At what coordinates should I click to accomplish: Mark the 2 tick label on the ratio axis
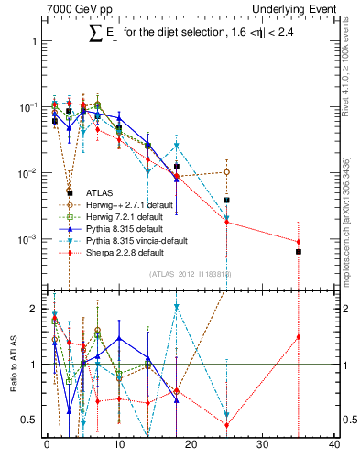tap(32, 309)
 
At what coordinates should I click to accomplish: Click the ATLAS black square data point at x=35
tap(299, 251)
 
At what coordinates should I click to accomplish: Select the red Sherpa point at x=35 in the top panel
tap(299, 242)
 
